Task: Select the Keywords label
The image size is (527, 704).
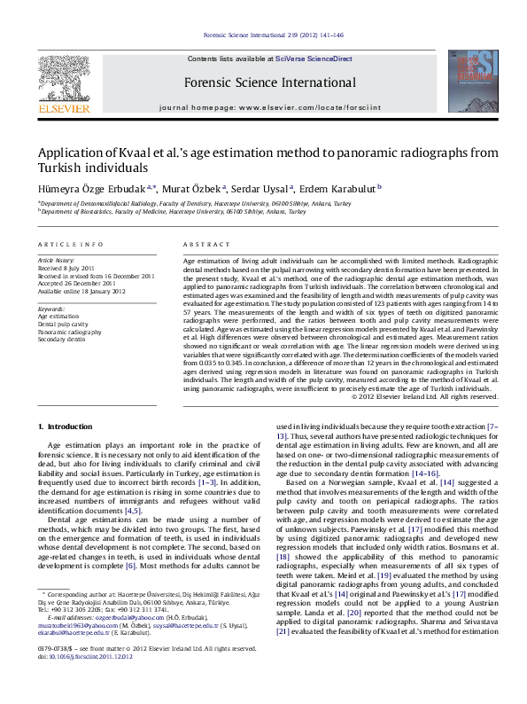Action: [x=52, y=308]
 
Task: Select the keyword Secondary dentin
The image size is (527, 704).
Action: [x=62, y=339]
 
